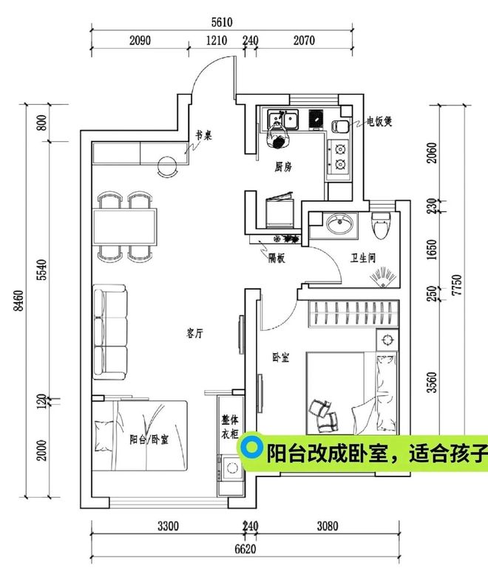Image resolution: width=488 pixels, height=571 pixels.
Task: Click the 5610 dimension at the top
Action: click(x=222, y=23)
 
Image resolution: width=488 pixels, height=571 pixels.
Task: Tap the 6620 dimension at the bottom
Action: click(x=245, y=549)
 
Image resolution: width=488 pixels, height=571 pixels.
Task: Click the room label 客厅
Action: click(x=194, y=333)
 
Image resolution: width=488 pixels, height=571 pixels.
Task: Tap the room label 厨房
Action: click(x=283, y=167)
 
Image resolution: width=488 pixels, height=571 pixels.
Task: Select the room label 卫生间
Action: click(x=362, y=259)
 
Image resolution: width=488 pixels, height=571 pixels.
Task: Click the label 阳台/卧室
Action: click(x=149, y=440)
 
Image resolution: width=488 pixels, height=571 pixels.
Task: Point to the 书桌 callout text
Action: click(x=204, y=135)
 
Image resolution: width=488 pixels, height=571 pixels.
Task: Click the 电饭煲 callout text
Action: click(x=379, y=121)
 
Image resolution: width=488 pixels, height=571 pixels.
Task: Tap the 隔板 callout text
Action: click(x=277, y=259)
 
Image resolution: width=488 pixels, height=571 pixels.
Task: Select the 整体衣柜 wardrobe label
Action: click(x=230, y=427)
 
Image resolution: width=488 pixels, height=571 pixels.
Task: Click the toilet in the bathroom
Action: click(x=381, y=225)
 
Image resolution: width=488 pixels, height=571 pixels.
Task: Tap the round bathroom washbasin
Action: click(x=339, y=224)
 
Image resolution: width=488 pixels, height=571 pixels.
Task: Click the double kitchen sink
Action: click(x=283, y=120)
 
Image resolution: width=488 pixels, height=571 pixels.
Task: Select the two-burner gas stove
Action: click(x=339, y=157)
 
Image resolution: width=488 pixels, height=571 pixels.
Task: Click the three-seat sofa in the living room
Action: click(x=110, y=332)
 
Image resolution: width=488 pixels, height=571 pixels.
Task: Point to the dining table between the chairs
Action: click(x=125, y=227)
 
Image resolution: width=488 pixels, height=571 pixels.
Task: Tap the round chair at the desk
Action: click(x=168, y=166)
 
